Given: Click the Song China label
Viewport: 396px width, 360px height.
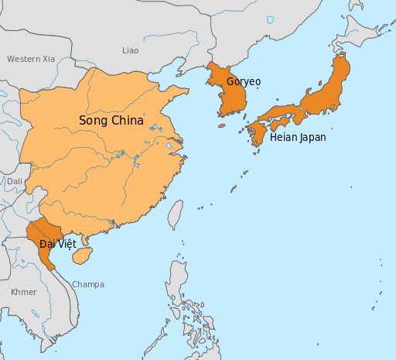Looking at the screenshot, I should click(x=111, y=121).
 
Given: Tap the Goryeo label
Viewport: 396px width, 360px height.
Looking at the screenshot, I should click(x=244, y=81).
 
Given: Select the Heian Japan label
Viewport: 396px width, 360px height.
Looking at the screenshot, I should click(x=298, y=137).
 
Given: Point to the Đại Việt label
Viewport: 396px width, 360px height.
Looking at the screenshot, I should click(x=57, y=243).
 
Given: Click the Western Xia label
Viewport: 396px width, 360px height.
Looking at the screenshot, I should click(x=31, y=59).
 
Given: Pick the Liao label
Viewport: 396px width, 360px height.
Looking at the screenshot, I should click(x=131, y=50).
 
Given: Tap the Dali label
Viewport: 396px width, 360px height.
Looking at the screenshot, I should click(x=15, y=181).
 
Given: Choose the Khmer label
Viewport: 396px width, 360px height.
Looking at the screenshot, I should click(x=23, y=292).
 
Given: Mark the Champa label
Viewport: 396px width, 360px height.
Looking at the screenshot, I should click(x=88, y=284).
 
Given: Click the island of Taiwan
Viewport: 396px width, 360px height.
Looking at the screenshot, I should click(x=175, y=214).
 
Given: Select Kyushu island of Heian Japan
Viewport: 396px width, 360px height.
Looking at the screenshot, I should click(x=256, y=133).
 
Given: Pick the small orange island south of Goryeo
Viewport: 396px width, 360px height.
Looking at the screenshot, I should click(x=221, y=125).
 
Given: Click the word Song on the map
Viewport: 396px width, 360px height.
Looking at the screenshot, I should click(x=93, y=121).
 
